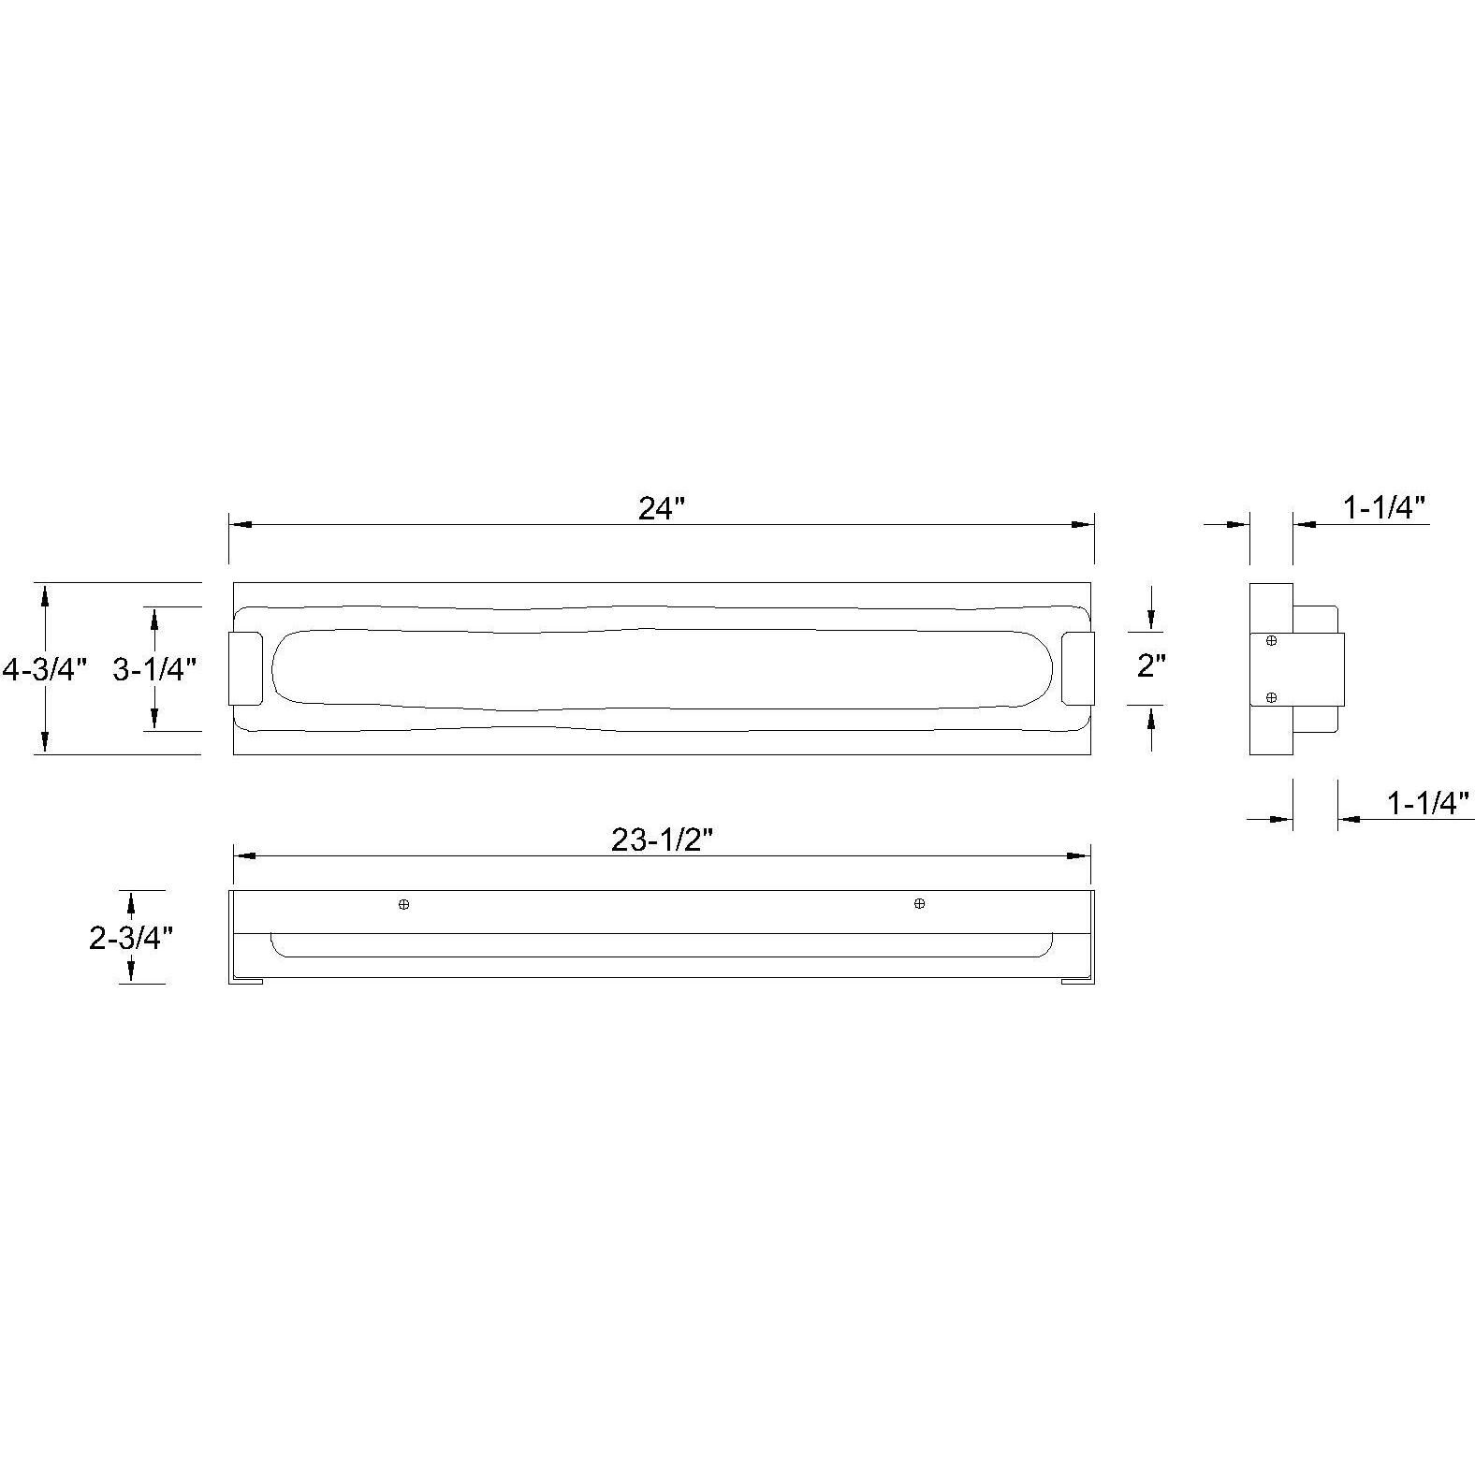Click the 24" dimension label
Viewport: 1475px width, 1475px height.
662,508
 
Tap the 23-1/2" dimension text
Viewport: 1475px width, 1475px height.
662,840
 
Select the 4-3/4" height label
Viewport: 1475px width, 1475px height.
44,669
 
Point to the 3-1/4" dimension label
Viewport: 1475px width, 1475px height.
154,669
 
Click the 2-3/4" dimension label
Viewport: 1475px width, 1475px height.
131,937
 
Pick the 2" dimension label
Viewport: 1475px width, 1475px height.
1151,666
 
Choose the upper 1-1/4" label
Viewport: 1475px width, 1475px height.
1384,508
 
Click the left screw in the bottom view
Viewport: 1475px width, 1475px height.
403,905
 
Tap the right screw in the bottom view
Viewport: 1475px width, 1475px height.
919,903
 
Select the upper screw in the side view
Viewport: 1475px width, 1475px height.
1271,641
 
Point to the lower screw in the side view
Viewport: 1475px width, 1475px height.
1271,697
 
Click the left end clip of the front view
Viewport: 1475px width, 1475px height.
246,668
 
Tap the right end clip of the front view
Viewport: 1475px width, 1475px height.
1078,668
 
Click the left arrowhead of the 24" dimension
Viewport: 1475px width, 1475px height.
240,525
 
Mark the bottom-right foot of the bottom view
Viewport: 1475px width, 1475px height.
1076,981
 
